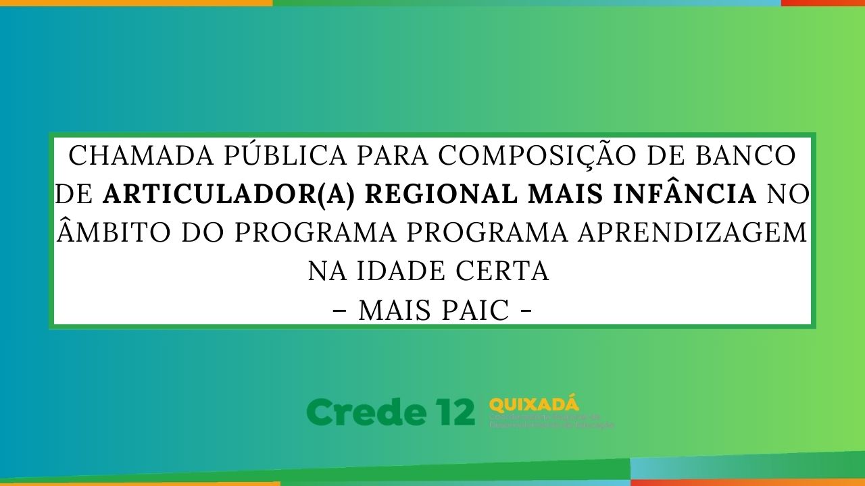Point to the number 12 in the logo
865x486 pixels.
(452, 412)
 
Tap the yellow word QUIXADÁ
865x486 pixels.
(534, 405)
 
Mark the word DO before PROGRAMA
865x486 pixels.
(203, 233)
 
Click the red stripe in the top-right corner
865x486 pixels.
(822, 3)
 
